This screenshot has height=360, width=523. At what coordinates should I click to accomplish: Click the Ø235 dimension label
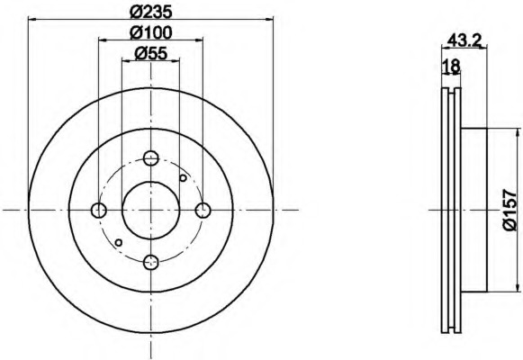[150, 12]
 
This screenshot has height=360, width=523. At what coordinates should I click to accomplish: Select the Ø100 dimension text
[150, 32]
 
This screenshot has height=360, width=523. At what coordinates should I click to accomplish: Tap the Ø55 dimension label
[150, 53]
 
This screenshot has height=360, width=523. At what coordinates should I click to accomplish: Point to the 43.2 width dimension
[464, 40]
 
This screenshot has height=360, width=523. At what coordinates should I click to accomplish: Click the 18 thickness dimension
[452, 66]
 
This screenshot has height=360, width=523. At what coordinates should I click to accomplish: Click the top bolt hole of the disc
[150, 157]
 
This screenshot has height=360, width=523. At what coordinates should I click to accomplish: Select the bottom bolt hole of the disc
[150, 262]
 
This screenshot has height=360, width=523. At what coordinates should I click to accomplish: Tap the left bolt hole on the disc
[99, 210]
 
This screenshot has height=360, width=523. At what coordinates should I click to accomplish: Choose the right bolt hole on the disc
[203, 210]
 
